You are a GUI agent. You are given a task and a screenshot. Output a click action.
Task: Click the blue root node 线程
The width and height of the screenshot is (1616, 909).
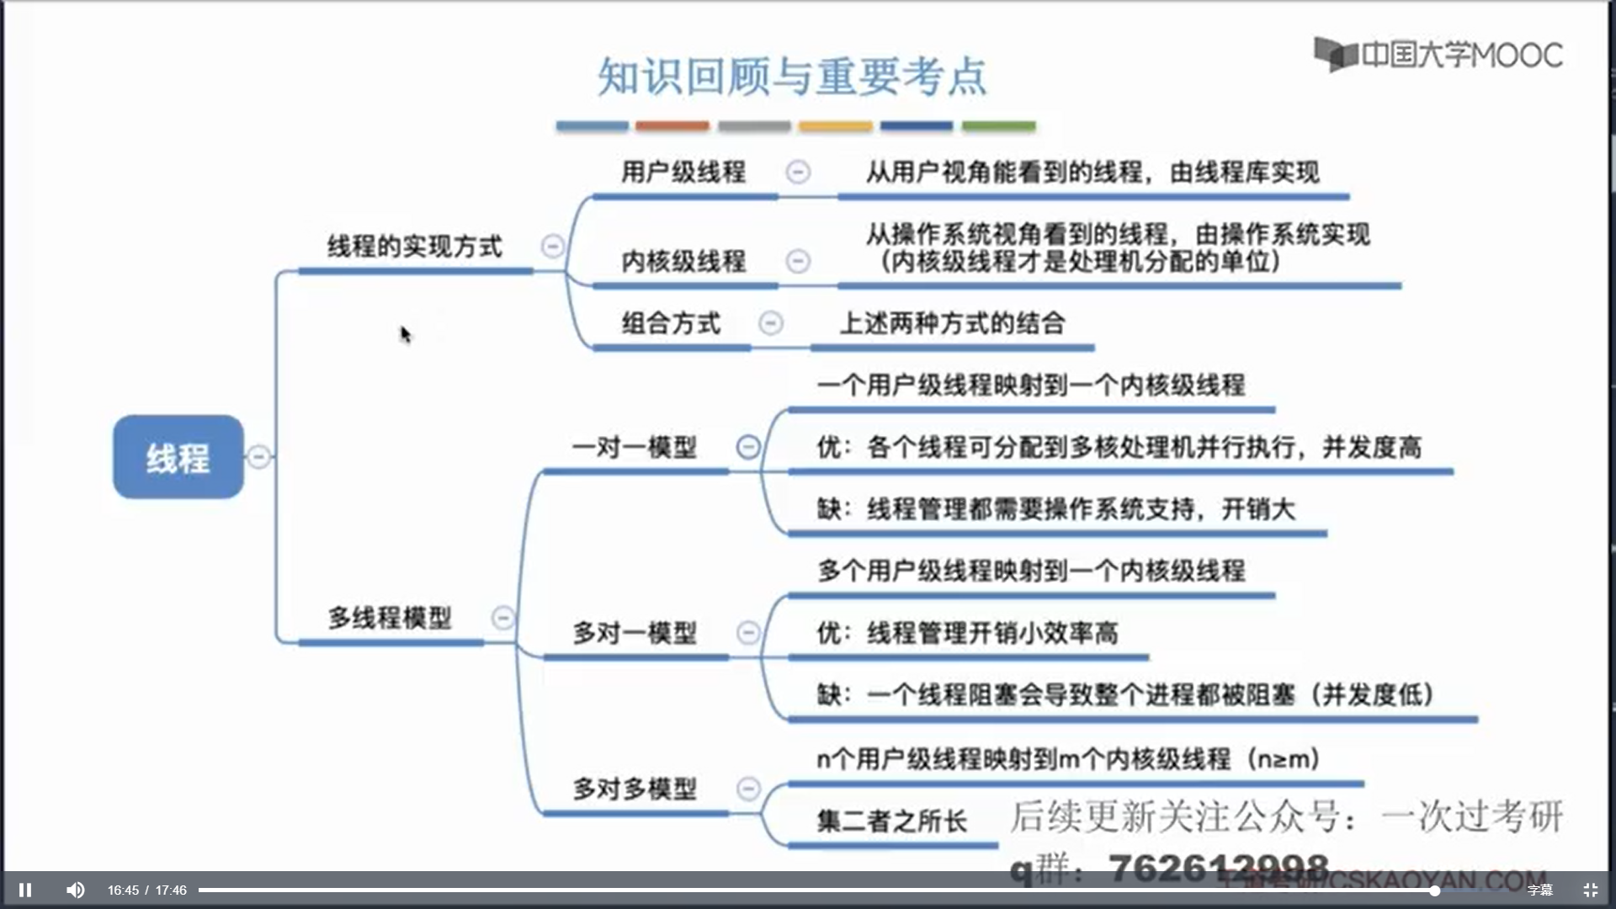[x=178, y=457]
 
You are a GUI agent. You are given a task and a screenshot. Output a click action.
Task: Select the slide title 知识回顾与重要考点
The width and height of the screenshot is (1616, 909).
[x=791, y=77]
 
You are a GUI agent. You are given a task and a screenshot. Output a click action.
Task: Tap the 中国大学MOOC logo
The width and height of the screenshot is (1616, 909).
[x=1438, y=55]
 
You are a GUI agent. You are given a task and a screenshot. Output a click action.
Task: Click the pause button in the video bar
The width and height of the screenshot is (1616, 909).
[x=25, y=890]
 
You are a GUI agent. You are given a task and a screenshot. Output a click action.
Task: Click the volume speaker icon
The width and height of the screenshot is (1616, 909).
[x=76, y=890]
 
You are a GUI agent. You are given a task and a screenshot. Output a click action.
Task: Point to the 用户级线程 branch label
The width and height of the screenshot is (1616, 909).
[x=683, y=173]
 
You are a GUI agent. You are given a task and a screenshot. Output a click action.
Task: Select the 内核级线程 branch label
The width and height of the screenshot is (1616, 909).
[x=683, y=262]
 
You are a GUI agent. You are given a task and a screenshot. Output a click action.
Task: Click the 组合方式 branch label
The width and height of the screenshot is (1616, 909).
[x=671, y=323]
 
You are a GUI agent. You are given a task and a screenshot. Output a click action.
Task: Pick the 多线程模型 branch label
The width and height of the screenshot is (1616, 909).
[x=390, y=618]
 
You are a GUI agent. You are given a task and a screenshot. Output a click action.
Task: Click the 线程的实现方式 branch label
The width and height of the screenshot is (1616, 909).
[x=414, y=247]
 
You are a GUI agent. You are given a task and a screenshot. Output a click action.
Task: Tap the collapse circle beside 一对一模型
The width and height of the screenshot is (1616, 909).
[x=747, y=447]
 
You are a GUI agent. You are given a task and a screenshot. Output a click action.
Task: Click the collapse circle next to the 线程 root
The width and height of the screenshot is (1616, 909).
[x=259, y=457]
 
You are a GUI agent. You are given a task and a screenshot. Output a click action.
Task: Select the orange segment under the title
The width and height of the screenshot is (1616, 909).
[x=672, y=126]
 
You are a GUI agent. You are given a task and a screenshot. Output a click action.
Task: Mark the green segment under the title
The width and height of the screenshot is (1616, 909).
[x=998, y=126]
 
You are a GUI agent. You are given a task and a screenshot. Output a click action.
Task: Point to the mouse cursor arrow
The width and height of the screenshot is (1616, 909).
[x=405, y=333]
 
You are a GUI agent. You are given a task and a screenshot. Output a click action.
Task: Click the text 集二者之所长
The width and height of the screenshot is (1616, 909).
[x=891, y=821]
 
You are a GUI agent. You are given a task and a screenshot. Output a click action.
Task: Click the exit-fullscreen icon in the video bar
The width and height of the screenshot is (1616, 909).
[x=1590, y=890]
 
